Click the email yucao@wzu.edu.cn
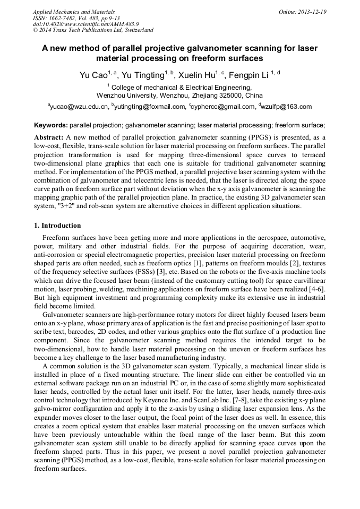coord(80,107)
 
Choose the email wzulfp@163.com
coord(287,107)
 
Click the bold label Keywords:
coord(50,126)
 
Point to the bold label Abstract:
coord(49,137)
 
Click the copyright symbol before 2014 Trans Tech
coord(36,30)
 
